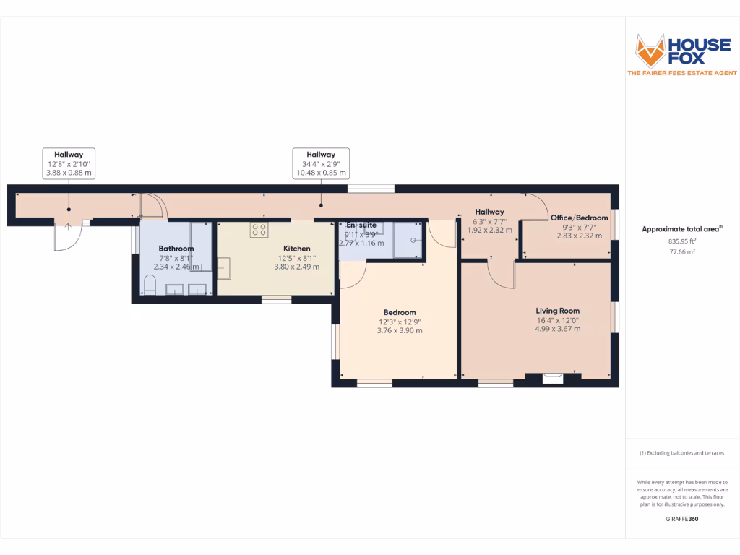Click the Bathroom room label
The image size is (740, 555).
pyautogui.click(x=176, y=249)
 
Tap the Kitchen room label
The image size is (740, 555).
pyautogui.click(x=296, y=249)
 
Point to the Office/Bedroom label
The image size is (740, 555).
pyautogui.click(x=579, y=218)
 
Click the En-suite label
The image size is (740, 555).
pyautogui.click(x=361, y=225)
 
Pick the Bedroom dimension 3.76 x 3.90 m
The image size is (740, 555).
pyautogui.click(x=400, y=330)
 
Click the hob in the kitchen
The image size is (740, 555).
pyautogui.click(x=259, y=230)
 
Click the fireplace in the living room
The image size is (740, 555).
pyautogui.click(x=552, y=377)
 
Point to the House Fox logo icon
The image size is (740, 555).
pyautogui.click(x=649, y=51)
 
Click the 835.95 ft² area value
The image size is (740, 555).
pyautogui.click(x=681, y=241)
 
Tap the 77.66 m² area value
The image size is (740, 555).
pyautogui.click(x=681, y=252)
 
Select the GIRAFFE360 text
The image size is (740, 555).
pyautogui.click(x=681, y=519)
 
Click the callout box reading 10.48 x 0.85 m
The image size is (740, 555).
pyautogui.click(x=321, y=164)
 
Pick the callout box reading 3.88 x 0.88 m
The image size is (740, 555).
pyautogui.click(x=69, y=164)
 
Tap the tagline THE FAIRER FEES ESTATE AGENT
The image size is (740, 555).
pyautogui.click(x=681, y=73)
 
